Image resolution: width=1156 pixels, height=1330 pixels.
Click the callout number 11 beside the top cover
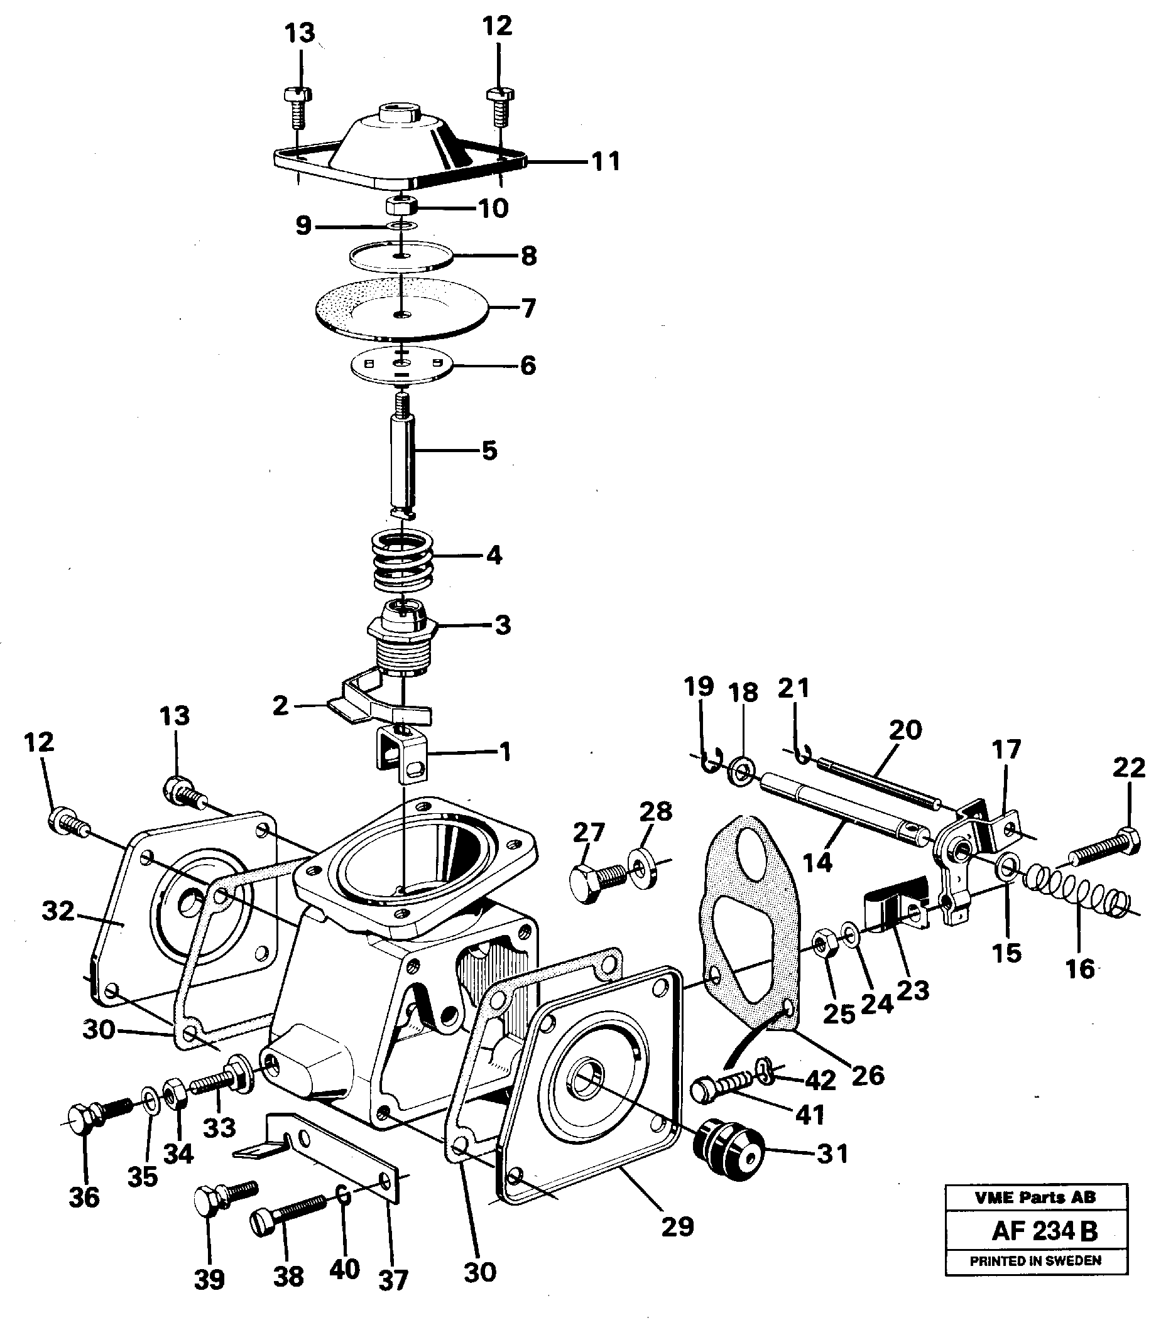point(605,161)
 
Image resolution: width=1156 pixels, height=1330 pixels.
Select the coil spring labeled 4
point(403,558)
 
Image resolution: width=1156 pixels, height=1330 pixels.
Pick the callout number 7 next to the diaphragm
point(528,308)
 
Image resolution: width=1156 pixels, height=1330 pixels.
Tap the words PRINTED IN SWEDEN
point(1035,1260)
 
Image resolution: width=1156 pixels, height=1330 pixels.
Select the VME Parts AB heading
point(1035,1198)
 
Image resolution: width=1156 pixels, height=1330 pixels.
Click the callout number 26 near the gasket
point(867,1074)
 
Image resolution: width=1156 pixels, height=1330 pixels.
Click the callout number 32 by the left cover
point(58,912)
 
